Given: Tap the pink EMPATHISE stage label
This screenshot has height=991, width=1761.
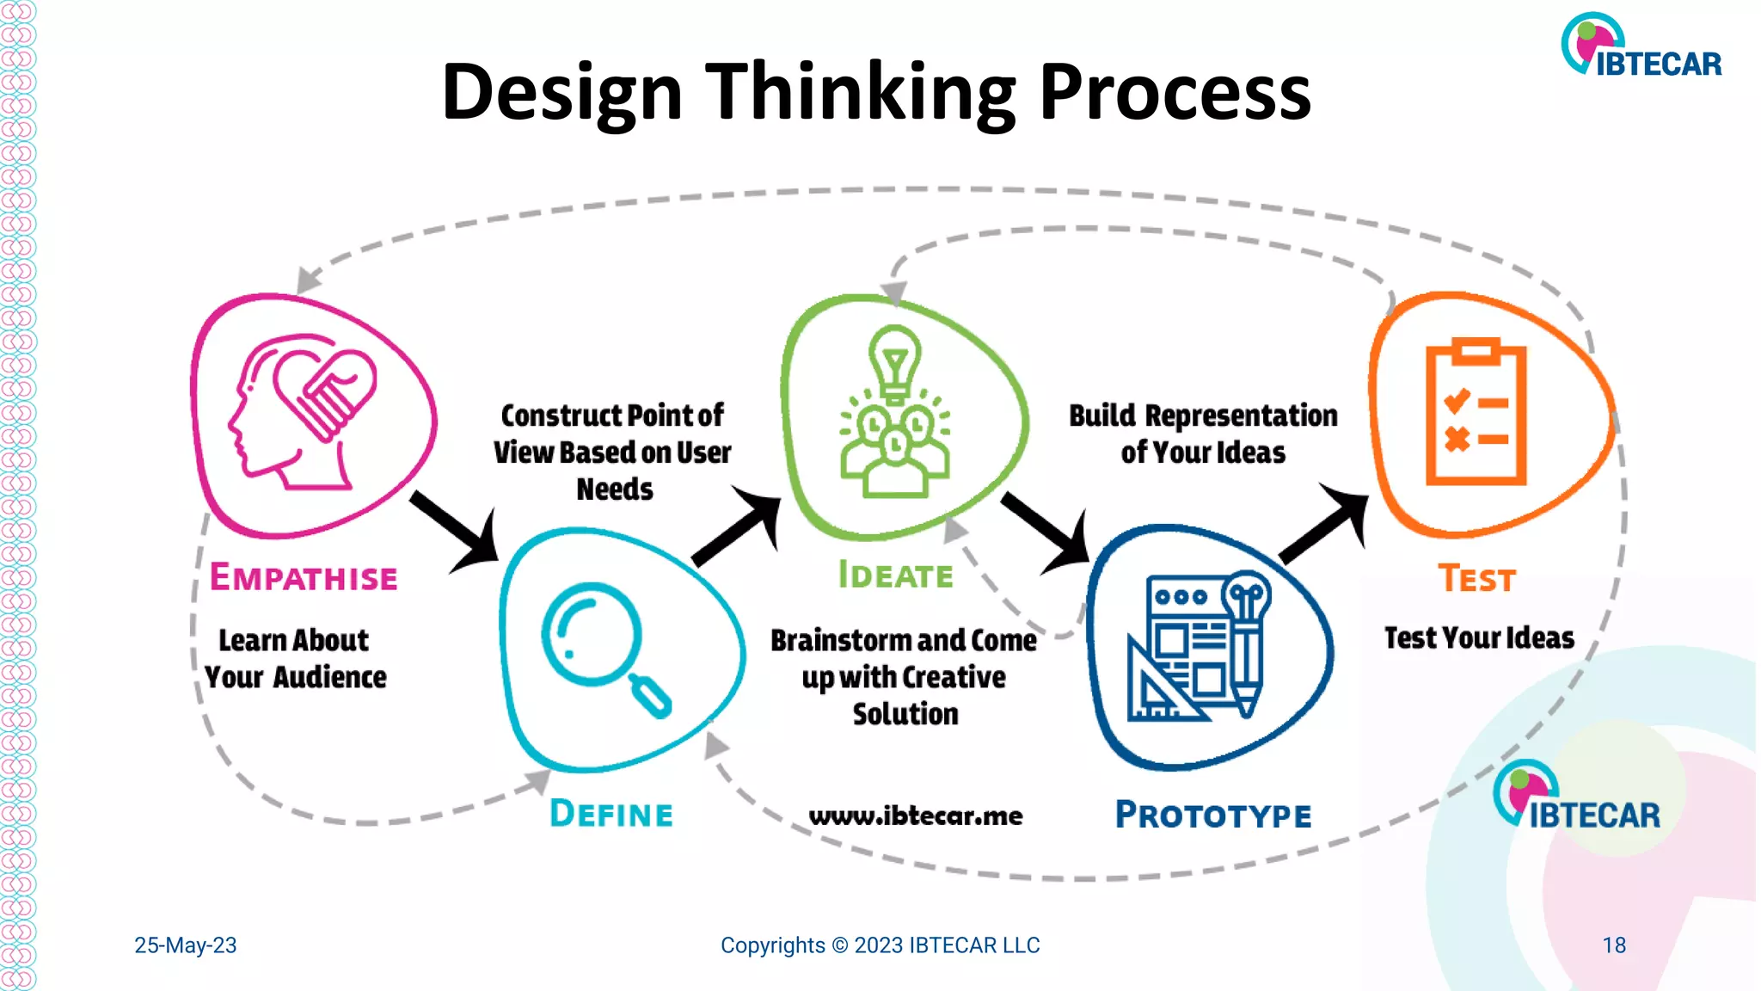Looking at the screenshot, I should (x=304, y=577).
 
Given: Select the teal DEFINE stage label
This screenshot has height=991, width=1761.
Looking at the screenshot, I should (x=611, y=814).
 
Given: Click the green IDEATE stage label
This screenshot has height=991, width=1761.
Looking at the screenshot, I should (x=896, y=575).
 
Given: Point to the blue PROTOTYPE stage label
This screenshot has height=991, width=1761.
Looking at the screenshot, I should (x=1213, y=815).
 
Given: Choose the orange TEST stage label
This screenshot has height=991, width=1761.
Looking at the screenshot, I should (x=1477, y=578).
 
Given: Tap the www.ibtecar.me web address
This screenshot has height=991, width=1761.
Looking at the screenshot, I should (x=916, y=816).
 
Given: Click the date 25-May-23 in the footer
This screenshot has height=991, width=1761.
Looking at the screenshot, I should (x=185, y=945).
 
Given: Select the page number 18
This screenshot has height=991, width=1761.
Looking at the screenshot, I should (x=1614, y=945).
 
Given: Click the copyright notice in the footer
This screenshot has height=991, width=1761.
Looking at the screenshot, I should (x=880, y=945).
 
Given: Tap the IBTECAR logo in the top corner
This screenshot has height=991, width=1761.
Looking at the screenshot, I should (x=1641, y=48).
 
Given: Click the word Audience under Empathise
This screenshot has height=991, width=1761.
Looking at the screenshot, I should (x=329, y=677).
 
